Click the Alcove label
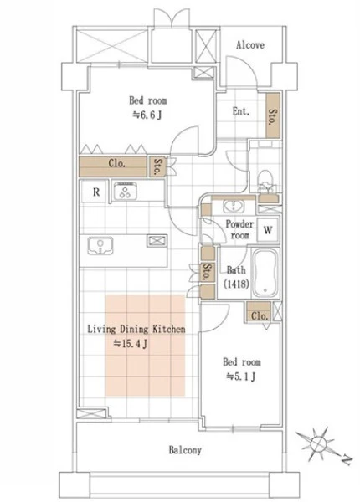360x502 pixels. pos(250,45)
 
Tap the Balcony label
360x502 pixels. pos(185,450)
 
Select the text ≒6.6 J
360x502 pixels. pos(147,115)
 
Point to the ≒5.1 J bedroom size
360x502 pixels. pos(241,376)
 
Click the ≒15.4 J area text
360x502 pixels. pos(131,344)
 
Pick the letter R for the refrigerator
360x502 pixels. pos(96,192)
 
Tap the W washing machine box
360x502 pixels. pos(268,230)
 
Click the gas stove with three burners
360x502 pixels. pos(126,192)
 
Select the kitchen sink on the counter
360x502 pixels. pos(100,246)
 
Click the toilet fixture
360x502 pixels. pos(265,181)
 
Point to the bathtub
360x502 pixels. pos(265,274)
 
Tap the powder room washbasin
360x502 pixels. pos(234,206)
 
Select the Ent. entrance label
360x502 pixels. pos(241,111)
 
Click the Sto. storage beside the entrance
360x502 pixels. pos(273,115)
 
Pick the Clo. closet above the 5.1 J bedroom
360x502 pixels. pos(259,312)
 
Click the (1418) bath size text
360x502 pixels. pos(236,284)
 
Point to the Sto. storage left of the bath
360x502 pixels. pos(208,272)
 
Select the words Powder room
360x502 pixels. pos(240,229)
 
